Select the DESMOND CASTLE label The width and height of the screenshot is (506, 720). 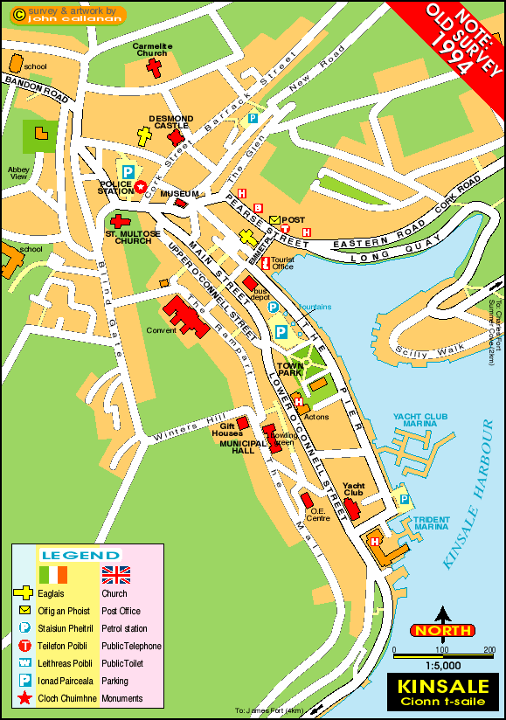(x=170, y=121)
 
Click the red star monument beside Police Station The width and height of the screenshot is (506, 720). (x=140, y=185)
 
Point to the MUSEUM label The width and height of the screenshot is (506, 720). (x=175, y=193)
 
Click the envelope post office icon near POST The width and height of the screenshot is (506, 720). (x=274, y=219)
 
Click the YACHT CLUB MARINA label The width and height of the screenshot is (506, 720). (x=419, y=419)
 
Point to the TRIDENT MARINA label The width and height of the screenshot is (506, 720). (x=432, y=523)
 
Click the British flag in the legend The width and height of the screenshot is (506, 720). (x=115, y=574)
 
